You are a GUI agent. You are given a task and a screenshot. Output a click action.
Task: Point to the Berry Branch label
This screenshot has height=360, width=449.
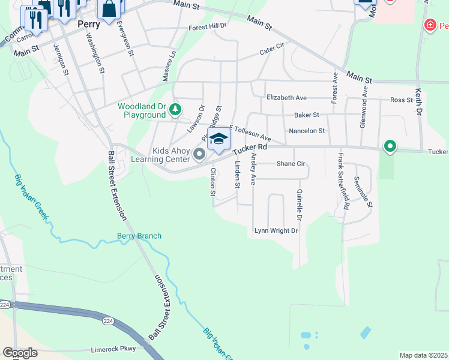139,236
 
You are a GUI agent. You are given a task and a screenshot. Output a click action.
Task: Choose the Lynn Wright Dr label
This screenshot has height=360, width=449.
276,230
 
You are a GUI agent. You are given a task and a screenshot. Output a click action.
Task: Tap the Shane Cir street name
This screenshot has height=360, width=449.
291,163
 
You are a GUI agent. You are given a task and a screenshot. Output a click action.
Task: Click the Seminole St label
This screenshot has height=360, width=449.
364,191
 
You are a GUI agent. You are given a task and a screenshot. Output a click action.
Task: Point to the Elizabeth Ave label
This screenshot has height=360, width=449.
287,97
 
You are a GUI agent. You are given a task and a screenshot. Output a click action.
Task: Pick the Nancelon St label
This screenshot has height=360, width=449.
306,130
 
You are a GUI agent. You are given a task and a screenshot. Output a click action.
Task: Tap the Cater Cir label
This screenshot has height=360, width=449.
271,52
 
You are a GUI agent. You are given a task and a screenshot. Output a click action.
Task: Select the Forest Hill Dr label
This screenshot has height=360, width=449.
208,27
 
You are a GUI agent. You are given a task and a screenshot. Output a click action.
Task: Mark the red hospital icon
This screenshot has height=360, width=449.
430,25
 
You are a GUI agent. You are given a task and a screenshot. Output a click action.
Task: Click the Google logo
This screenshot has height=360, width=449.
20,353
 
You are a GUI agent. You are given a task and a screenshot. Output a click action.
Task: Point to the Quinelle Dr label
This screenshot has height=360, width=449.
298,204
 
